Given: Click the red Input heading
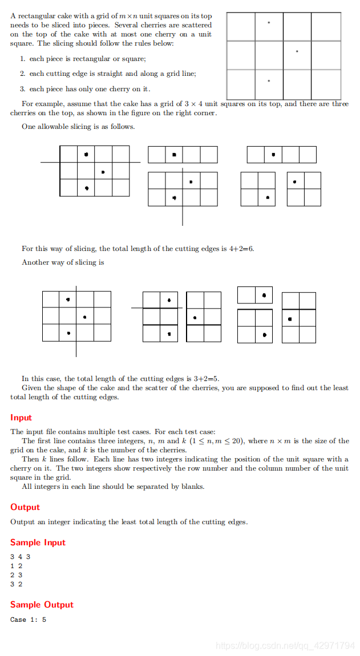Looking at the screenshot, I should (21, 418).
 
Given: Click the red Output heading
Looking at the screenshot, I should (25, 507).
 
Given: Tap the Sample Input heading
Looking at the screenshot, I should (38, 542).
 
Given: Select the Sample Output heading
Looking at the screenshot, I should (42, 605).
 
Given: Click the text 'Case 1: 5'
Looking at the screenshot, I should (28, 619).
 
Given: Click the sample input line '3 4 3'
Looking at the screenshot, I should (20, 557).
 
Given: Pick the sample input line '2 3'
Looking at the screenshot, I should (16, 575).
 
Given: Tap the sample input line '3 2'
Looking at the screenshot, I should (16, 584).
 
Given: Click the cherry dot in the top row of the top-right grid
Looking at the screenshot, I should (269, 23).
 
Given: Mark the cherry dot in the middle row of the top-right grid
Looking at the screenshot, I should (297, 52).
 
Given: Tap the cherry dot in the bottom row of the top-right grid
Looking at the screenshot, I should (269, 81).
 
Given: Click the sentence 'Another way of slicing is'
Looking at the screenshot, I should (63, 262).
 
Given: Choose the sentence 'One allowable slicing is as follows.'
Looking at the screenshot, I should (78, 127).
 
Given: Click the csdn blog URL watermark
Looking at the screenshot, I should (285, 646).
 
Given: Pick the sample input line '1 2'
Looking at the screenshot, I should (16, 566).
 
